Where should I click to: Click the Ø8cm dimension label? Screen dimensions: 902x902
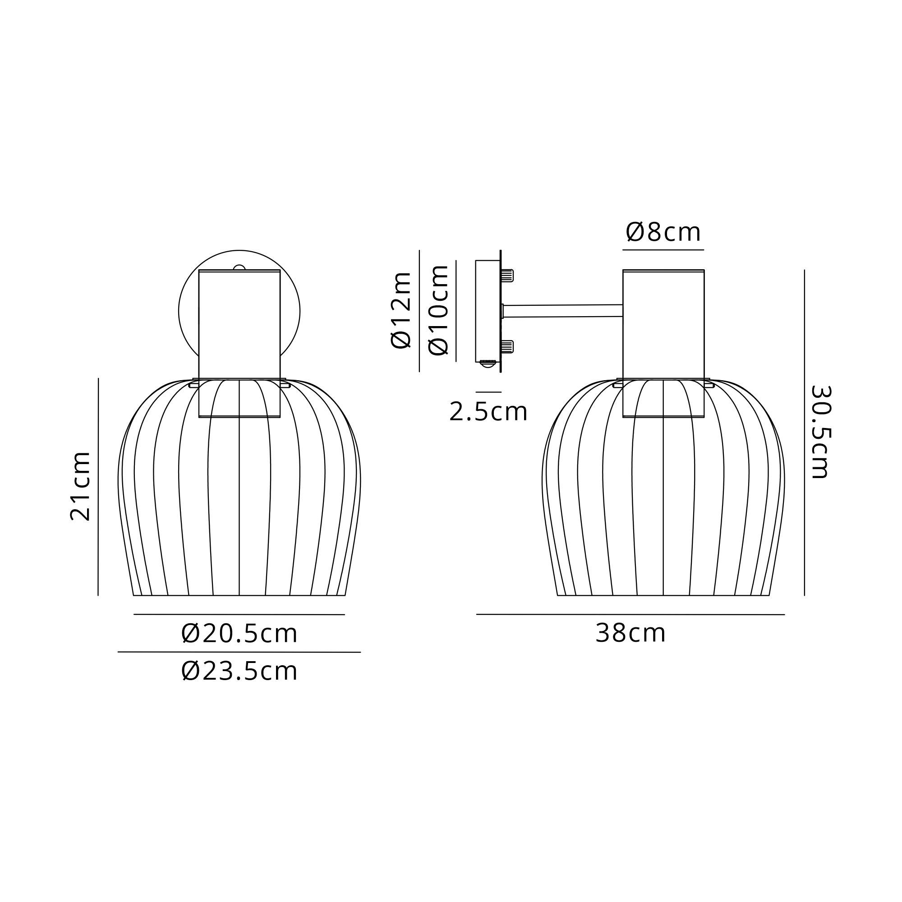pos(663,232)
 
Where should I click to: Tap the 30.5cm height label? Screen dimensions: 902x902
pos(820,432)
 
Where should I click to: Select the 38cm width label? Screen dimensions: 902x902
pos(630,634)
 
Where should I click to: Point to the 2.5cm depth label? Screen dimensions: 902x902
pos(488,412)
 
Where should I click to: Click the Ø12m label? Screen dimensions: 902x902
pos(400,310)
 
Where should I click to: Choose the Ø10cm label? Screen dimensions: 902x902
pos(438,310)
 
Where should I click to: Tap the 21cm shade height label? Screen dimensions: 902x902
pos(80,486)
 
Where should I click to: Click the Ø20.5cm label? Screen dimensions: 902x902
pos(239,634)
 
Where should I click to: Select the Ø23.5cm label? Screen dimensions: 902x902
pos(239,672)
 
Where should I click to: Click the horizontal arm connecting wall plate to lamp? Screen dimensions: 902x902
pos(562,311)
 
